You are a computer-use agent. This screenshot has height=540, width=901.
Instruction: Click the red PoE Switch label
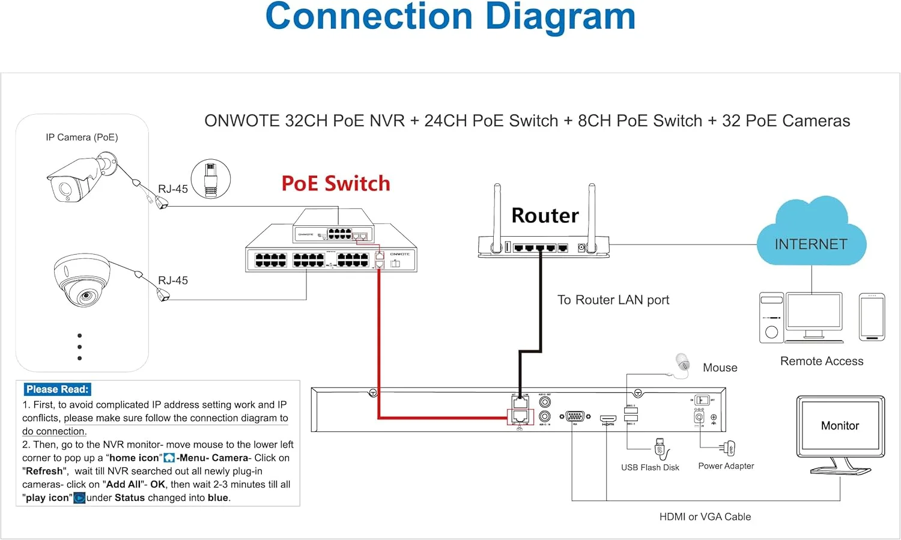coord(336,183)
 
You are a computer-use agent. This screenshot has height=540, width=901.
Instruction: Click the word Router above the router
coord(545,215)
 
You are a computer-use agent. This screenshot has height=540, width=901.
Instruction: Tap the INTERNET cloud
coord(811,240)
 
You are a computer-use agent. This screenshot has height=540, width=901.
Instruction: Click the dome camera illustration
coord(82,280)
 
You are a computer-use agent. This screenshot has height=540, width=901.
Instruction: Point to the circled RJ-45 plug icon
coord(211,179)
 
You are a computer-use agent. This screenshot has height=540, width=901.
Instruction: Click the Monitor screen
coord(840,426)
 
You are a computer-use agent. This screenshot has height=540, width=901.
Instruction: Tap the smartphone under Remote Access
coord(872,317)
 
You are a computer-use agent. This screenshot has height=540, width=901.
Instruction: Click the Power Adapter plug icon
coord(729,447)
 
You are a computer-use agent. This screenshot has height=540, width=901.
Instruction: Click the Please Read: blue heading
coord(57,389)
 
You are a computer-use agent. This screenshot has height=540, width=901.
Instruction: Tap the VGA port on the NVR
coord(575,416)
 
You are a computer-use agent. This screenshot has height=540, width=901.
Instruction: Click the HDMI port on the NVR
coord(608,418)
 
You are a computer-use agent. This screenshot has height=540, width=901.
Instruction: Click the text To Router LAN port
coord(613,300)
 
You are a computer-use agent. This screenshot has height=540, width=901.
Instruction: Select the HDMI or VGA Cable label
coord(705,517)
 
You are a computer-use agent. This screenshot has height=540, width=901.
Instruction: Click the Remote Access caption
coord(821,361)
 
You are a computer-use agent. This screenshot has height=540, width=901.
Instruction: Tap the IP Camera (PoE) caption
coord(82,137)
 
